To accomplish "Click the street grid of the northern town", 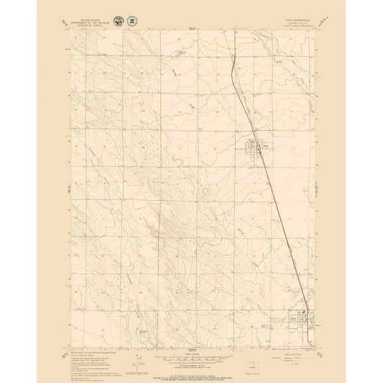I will [x=255, y=148].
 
